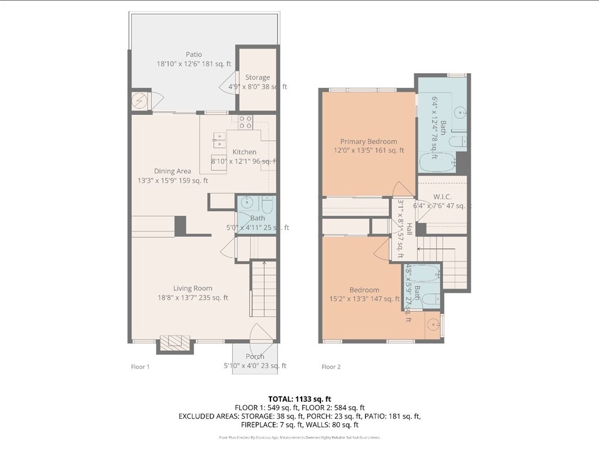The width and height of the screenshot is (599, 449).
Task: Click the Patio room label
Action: (194, 54)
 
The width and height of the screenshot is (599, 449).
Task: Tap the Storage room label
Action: (258, 77)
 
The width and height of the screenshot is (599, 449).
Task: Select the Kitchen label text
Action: (244, 152)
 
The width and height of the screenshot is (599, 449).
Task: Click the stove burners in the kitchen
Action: (245, 122)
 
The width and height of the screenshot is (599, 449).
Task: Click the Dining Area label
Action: (172, 171)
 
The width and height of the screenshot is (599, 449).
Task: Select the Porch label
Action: (255, 356)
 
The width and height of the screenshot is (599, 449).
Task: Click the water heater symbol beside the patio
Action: (141, 100)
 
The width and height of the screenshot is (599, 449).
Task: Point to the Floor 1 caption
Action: (140, 367)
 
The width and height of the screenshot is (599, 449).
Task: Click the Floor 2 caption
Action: (331, 367)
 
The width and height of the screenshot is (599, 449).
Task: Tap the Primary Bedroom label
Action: (369, 141)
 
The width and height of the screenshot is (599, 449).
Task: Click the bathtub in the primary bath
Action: (437, 162)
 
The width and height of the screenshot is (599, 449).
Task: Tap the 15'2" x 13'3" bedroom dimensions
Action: (364, 299)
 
